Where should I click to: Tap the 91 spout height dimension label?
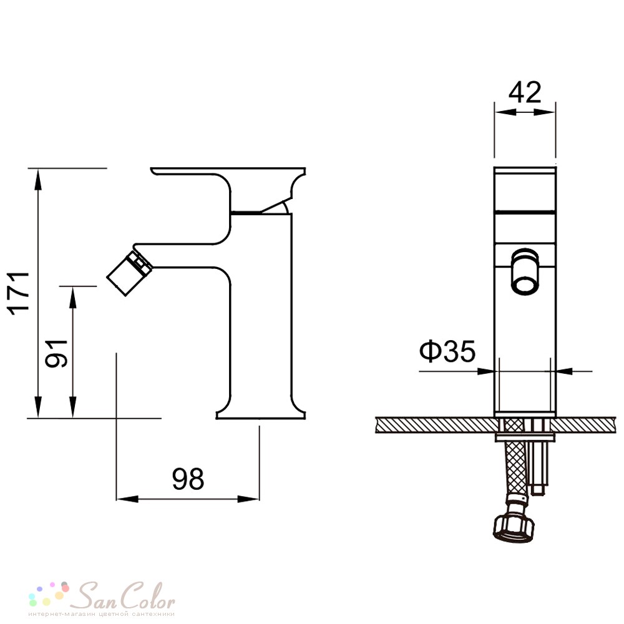[56, 353]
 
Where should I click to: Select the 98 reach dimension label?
[188, 479]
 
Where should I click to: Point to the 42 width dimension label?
[525, 92]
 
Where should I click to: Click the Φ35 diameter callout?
[447, 351]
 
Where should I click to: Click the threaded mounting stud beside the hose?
[539, 457]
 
